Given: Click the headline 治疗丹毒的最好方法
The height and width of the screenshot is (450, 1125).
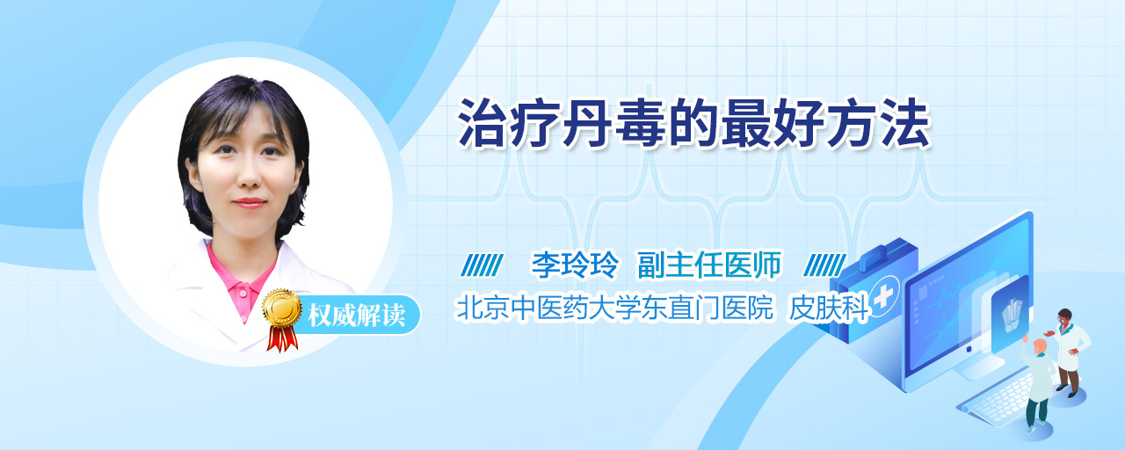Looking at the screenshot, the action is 694,124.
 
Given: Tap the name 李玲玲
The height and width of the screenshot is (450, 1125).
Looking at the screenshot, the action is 576,265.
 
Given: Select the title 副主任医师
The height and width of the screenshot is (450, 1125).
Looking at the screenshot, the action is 709,265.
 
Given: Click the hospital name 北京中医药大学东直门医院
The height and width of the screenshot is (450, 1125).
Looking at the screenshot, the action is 613,308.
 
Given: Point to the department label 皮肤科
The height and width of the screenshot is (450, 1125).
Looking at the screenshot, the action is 829,308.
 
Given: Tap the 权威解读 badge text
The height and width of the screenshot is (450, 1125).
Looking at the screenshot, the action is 357,316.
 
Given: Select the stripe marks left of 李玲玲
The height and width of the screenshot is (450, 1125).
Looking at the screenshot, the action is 483,265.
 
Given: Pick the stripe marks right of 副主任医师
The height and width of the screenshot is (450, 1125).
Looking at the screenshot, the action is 825,265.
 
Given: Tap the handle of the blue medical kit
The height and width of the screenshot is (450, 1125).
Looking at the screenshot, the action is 882,255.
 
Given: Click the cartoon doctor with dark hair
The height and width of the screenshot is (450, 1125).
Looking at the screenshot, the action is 1070,352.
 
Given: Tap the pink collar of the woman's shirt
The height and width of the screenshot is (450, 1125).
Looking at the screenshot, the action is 242,282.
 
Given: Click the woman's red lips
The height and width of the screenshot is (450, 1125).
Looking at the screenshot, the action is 249,203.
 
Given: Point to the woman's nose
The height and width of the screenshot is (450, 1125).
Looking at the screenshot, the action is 249,176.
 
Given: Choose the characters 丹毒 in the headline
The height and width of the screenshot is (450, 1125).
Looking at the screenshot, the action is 613,124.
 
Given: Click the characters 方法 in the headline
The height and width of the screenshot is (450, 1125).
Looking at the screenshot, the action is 880,124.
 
